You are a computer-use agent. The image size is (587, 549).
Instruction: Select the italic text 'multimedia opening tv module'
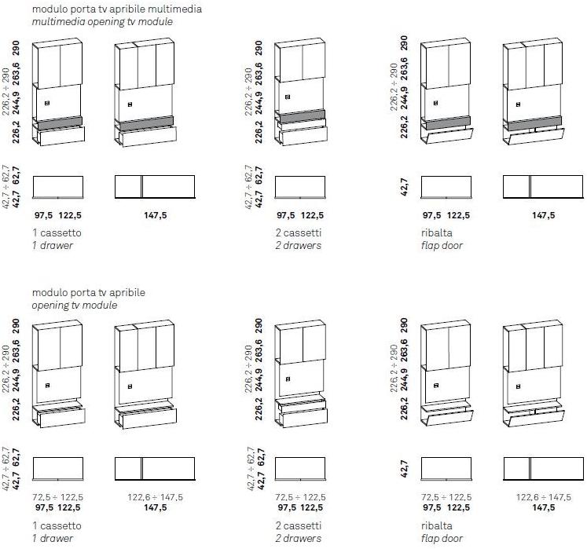(102, 22)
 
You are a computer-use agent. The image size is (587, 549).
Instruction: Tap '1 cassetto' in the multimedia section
(57, 233)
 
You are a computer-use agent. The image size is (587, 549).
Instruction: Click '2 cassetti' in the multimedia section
(299, 233)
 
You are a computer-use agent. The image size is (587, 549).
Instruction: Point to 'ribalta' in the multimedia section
(436, 233)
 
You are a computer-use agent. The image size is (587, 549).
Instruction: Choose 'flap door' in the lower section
(442, 538)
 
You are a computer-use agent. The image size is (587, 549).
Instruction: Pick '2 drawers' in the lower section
(299, 538)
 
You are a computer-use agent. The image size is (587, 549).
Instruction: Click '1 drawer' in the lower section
(53, 538)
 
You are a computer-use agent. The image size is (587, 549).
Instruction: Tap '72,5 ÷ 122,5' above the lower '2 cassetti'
(300, 497)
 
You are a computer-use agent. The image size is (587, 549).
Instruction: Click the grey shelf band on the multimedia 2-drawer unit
(301, 117)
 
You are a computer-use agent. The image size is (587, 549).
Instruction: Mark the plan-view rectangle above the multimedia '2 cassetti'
(301, 187)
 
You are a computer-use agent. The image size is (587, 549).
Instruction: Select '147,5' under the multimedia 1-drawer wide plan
(155, 215)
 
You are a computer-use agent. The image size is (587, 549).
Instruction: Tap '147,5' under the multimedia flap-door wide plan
(543, 215)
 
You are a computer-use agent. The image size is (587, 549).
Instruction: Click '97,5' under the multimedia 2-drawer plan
(286, 215)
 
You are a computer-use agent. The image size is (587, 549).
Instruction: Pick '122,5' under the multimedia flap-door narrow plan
(460, 215)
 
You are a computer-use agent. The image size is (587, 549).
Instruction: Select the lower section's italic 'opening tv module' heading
(75, 305)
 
